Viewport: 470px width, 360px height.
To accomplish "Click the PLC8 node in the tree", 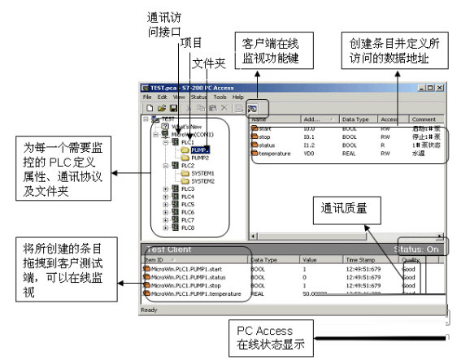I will [x=188, y=228].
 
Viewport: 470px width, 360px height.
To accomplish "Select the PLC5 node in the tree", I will [x=188, y=205].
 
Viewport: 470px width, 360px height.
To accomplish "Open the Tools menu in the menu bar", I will [x=220, y=97].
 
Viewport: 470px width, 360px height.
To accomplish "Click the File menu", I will [x=148, y=97].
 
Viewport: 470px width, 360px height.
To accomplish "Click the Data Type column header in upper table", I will [x=354, y=119].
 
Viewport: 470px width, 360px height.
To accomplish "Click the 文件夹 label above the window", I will [x=206, y=62].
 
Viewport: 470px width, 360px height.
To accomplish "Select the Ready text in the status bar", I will [x=150, y=310].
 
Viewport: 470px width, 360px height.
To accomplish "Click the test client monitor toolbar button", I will [x=252, y=108].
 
